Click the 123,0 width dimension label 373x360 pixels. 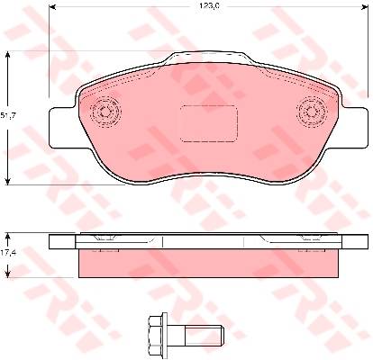tap(208, 6)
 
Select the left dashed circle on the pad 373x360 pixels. tap(105, 112)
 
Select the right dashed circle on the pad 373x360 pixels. tap(311, 112)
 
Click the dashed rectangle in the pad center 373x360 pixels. tap(209, 123)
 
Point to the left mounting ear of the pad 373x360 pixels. tap(62, 128)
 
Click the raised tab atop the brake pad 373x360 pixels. tap(209, 58)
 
